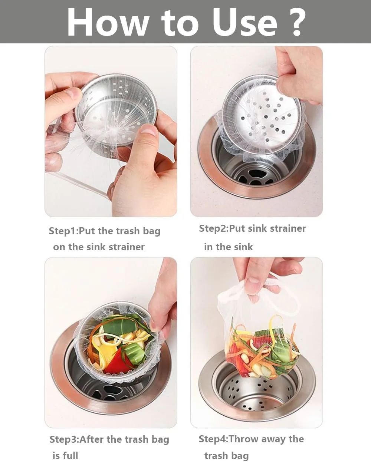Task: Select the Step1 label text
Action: (x=63, y=231)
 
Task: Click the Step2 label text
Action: (x=213, y=228)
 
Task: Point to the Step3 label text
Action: (x=64, y=439)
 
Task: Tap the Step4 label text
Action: (x=213, y=439)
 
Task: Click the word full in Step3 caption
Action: (x=70, y=455)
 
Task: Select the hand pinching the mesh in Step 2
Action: (x=297, y=74)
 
